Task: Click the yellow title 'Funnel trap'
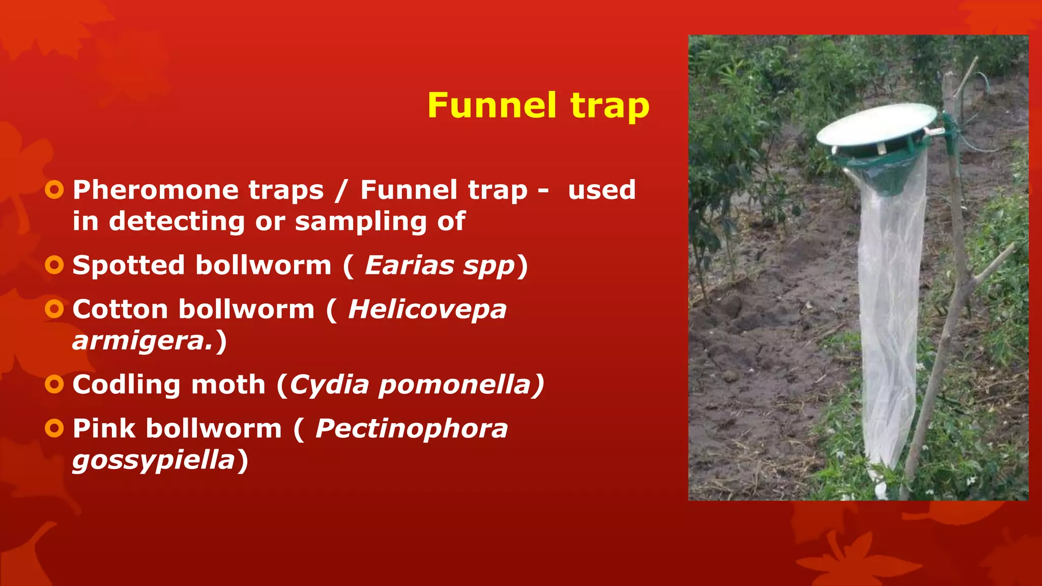[538, 105]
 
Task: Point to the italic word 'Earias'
[409, 266]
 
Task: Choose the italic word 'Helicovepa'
[427, 309]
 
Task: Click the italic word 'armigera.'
[142, 341]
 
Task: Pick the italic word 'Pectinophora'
[412, 428]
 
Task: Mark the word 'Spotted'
[128, 266]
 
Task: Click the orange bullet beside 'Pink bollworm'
[54, 428]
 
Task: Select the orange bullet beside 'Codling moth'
[54, 385]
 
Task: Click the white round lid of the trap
[876, 124]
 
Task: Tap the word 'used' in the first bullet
[602, 190]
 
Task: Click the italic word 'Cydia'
[329, 385]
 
